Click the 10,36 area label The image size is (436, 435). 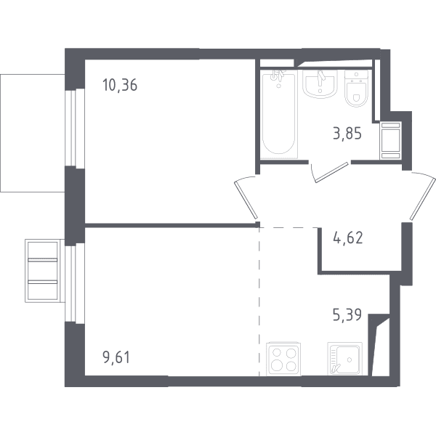pyautogui.click(x=120, y=85)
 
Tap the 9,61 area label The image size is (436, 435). pyautogui.click(x=116, y=357)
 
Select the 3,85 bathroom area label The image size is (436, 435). pyautogui.click(x=347, y=134)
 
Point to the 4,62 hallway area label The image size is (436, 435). pyautogui.click(x=348, y=238)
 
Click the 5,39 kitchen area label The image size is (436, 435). pyautogui.click(x=347, y=315)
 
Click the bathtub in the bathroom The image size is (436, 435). pyautogui.click(x=279, y=114)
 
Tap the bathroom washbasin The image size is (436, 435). pyautogui.click(x=320, y=84)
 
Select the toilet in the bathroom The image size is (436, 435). pyautogui.click(x=356, y=88)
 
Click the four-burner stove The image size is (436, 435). pyautogui.click(x=283, y=359)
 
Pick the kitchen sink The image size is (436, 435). pyautogui.click(x=344, y=359)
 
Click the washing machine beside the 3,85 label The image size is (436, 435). pyautogui.click(x=391, y=140)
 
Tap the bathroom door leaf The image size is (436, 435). pyautogui.click(x=332, y=173)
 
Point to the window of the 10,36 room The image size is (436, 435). pyautogui.click(x=75, y=127)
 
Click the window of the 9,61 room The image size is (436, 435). pyautogui.click(x=75, y=283)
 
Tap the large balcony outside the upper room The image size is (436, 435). pyautogui.click(x=33, y=133)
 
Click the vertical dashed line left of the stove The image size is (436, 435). pyautogui.click(x=259, y=301)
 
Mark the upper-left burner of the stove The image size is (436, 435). pyautogui.click(x=277, y=353)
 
